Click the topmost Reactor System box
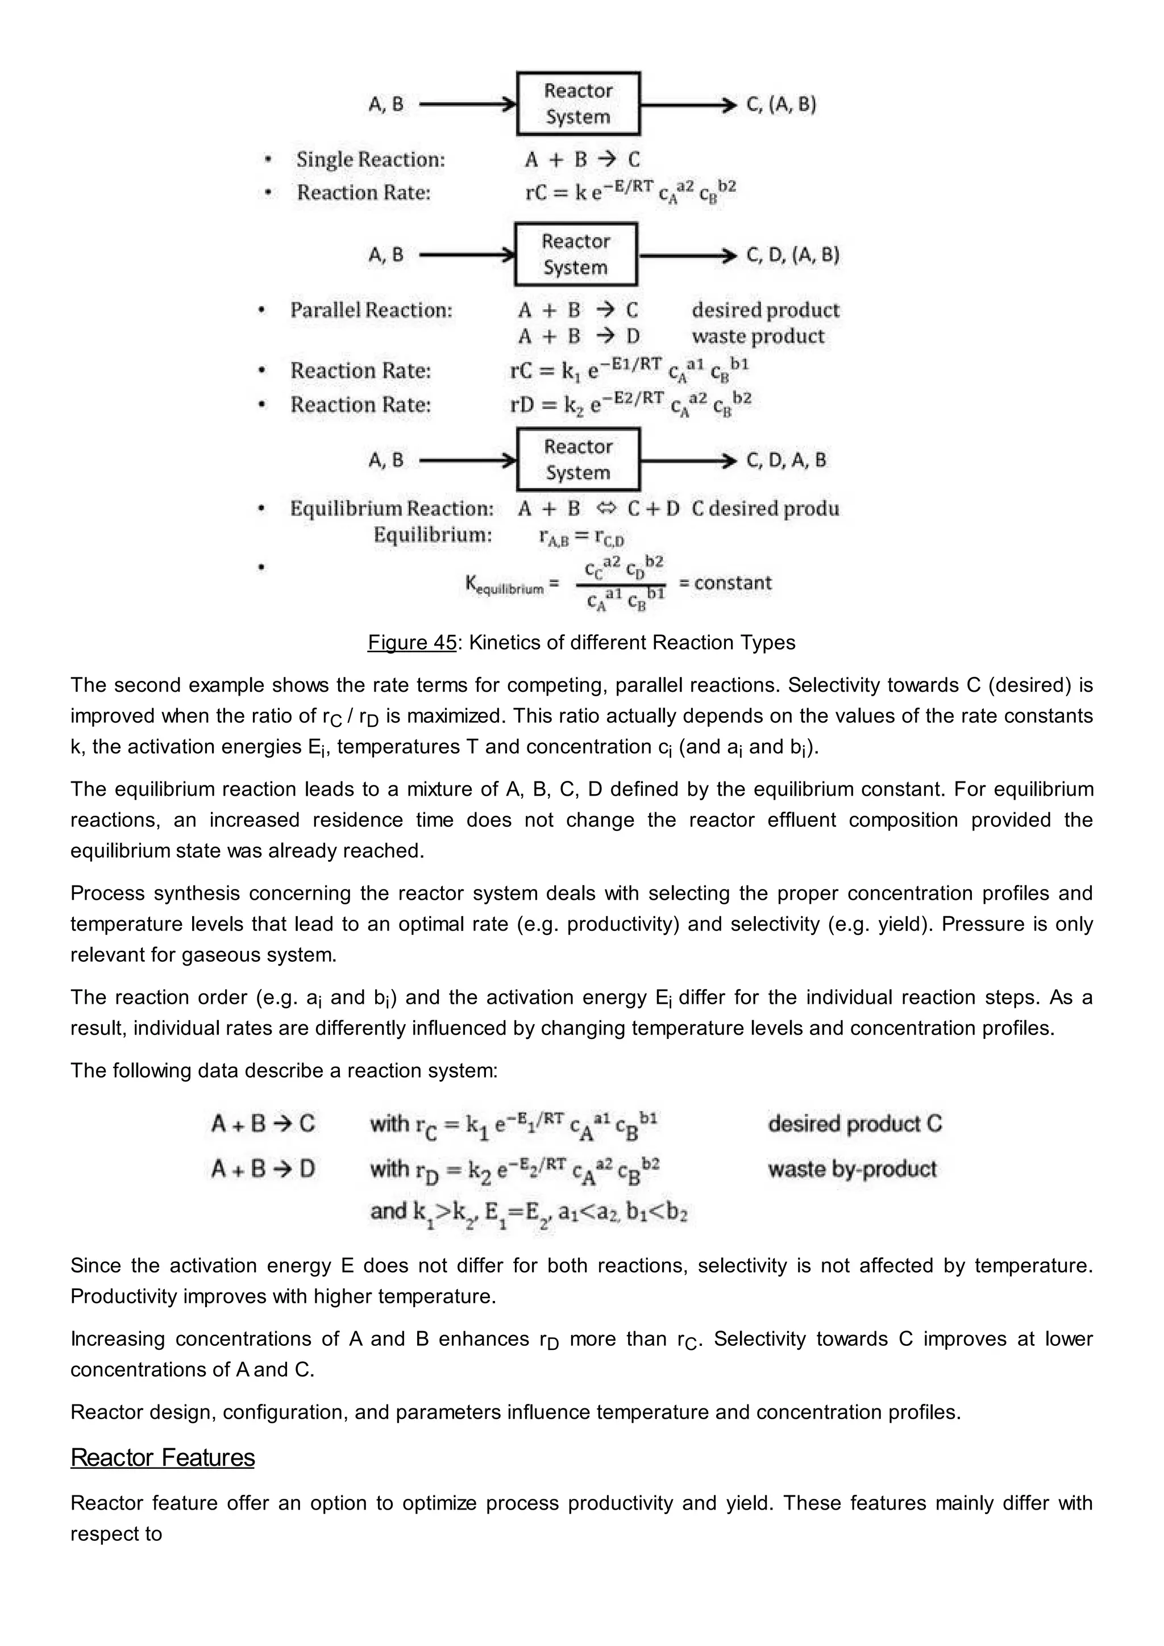577,104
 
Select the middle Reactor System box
576,255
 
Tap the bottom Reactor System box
577,460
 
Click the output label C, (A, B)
781,105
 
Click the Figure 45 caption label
411,642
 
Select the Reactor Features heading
163,1457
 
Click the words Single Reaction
371,160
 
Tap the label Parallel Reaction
371,310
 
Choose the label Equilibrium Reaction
392,509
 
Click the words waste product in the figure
758,336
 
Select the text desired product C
854,1123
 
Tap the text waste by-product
851,1169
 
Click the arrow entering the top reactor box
467,105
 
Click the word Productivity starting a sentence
121,1296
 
